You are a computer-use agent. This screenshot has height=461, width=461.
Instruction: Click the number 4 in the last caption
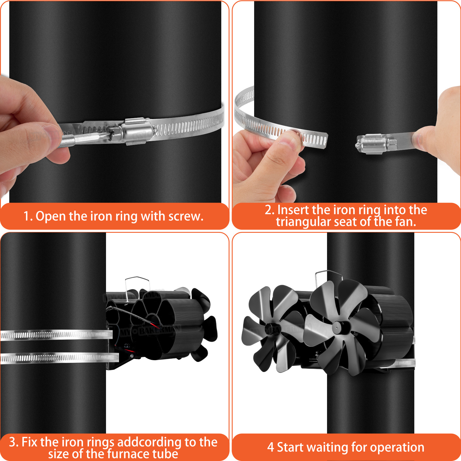(x=270, y=447)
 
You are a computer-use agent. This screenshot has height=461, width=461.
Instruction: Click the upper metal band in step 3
(x=56, y=335)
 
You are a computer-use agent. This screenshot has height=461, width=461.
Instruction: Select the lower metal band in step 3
(x=59, y=358)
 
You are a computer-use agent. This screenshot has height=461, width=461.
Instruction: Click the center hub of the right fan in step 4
(x=338, y=327)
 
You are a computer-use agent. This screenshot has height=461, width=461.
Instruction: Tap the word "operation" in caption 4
(x=397, y=448)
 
